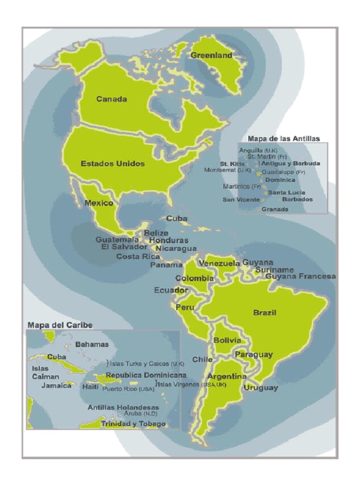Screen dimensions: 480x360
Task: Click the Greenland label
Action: (211, 55)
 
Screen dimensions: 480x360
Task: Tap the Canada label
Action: (112, 99)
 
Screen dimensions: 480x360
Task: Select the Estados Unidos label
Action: (112, 164)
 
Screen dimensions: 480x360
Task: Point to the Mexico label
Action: (98, 203)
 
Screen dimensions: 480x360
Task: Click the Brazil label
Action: (264, 313)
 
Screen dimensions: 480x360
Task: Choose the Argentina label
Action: (227, 376)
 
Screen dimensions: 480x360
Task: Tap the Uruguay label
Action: (261, 388)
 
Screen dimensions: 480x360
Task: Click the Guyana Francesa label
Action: (300, 277)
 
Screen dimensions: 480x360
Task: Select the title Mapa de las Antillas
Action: (284, 138)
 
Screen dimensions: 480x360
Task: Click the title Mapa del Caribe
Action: (60, 325)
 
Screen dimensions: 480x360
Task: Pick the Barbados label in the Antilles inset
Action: (297, 199)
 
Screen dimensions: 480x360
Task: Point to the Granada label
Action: (275, 209)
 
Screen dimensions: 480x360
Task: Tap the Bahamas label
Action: (92, 344)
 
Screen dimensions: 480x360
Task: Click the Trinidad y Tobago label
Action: (133, 424)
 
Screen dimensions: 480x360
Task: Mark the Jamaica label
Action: (56, 386)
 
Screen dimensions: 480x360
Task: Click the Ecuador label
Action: (171, 290)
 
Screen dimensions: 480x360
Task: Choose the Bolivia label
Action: (227, 340)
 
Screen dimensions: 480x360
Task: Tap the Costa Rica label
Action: (138, 256)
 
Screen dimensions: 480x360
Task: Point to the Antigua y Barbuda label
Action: (291, 164)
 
